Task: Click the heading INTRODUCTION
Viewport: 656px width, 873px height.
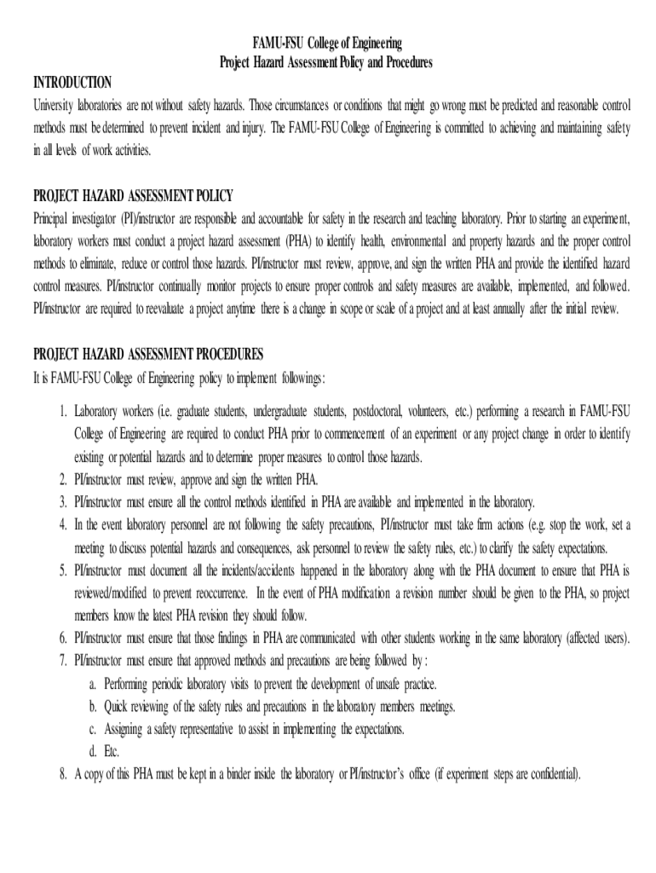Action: [72, 82]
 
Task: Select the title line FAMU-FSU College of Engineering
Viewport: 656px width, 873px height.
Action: [327, 43]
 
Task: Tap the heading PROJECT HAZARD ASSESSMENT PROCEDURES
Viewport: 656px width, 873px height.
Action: [148, 353]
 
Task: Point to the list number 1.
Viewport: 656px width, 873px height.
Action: [64, 411]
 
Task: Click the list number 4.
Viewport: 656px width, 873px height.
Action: [64, 523]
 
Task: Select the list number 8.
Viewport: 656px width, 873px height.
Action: [64, 774]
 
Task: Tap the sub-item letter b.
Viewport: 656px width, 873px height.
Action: [92, 707]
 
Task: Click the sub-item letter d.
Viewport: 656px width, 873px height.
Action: [92, 752]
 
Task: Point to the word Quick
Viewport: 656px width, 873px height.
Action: [117, 707]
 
